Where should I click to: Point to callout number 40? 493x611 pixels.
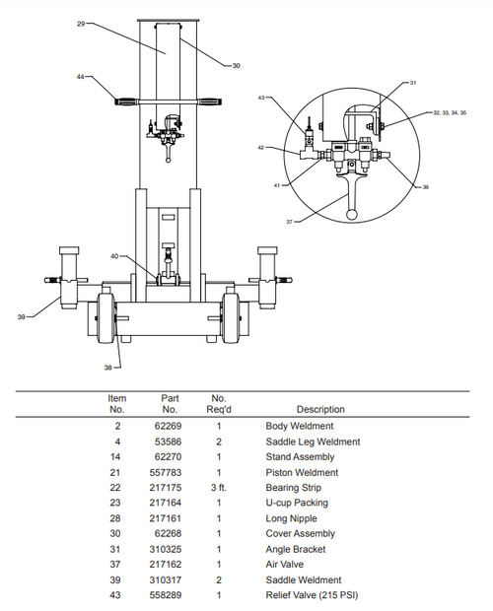114,256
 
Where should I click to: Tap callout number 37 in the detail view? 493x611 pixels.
290,222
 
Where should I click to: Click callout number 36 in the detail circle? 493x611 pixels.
425,186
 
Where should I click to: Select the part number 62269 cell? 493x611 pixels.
169,426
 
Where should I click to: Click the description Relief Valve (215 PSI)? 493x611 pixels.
311,596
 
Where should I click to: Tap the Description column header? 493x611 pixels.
320,409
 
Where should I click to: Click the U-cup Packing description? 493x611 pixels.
294,503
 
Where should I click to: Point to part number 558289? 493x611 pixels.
169,596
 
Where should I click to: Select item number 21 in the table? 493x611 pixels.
117,472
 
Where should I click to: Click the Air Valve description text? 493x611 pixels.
285,565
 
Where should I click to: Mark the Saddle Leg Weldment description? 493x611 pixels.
313,441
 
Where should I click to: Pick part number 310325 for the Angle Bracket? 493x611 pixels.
169,550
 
